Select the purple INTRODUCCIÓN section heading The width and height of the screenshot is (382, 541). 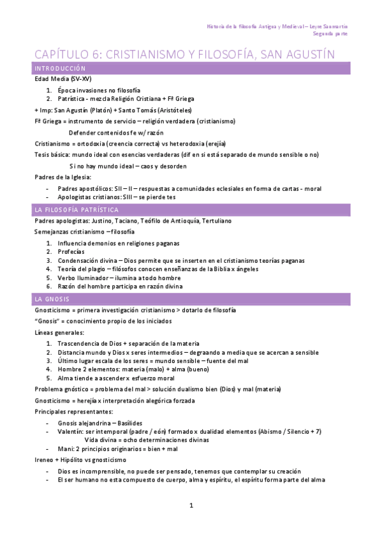(60, 68)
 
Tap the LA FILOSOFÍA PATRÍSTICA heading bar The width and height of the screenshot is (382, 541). (77, 210)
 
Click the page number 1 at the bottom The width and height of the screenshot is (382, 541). (191, 506)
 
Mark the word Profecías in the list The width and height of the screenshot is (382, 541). (71, 251)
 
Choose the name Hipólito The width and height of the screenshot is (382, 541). (75, 459)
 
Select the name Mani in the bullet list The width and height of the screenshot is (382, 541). (64, 448)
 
